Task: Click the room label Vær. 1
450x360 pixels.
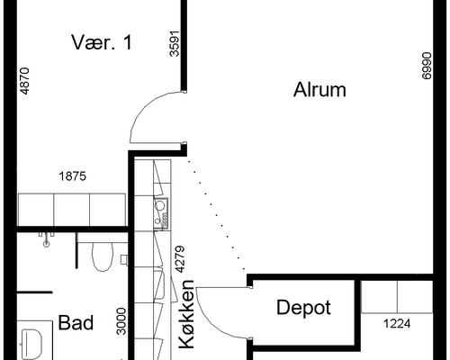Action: coord(102,42)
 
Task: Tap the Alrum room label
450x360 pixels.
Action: coord(319,90)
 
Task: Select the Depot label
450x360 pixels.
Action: coord(303,308)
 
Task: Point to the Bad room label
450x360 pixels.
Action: coord(76,322)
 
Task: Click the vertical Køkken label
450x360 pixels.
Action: coord(186,314)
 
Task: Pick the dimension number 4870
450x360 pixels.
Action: coord(24,81)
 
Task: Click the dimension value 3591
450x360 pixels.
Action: coord(175,43)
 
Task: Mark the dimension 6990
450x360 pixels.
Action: coord(427,66)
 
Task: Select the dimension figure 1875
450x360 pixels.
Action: coord(73,176)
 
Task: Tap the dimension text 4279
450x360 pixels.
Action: coord(180,259)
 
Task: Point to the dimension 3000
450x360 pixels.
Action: coord(121,321)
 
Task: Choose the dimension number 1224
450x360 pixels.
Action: coord(397,324)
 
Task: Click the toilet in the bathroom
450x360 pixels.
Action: coord(103,256)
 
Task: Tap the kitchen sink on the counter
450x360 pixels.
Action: coord(161,213)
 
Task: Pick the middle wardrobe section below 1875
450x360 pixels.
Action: coord(72,210)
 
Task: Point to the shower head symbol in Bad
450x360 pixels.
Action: coord(46,239)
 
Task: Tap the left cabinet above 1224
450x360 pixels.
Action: coord(379,297)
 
